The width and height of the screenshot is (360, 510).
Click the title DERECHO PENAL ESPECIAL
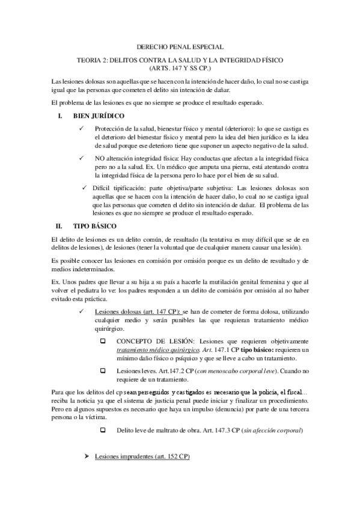click(x=180, y=46)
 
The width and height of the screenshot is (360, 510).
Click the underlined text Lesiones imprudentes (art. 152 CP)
click(x=142, y=458)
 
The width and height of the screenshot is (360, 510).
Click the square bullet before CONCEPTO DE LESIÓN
click(x=102, y=342)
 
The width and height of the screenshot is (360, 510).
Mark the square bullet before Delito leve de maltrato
click(x=102, y=430)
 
